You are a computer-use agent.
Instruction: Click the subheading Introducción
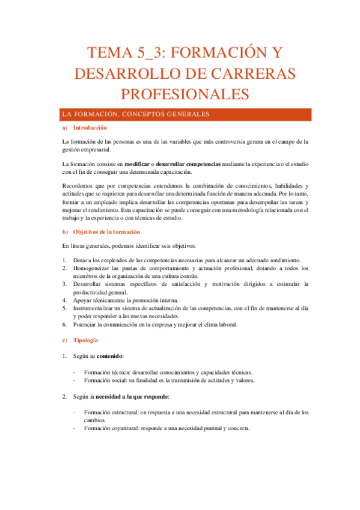click(90, 128)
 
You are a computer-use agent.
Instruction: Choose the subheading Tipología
click(85, 340)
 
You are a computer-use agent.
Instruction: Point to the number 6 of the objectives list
click(64, 325)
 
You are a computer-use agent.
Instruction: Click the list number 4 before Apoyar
click(64, 299)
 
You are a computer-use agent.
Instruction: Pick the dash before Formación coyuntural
click(73, 429)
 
